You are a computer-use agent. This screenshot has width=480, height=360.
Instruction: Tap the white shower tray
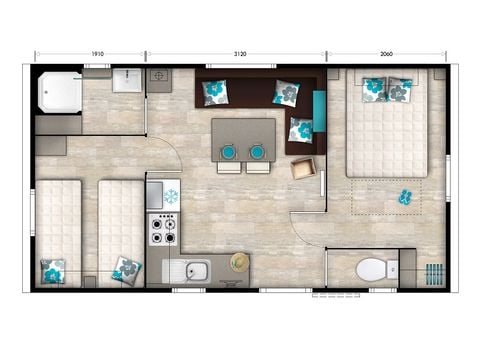[x=58, y=92]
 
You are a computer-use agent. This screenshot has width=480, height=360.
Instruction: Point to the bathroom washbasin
[x=127, y=80]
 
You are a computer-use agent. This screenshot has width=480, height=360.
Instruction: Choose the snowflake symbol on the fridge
[x=169, y=196]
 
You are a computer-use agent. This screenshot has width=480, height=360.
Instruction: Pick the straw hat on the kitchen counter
[x=240, y=262]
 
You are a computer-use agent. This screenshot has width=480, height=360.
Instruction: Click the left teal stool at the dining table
[x=228, y=152]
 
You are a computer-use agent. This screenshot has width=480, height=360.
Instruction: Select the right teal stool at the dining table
[x=257, y=152]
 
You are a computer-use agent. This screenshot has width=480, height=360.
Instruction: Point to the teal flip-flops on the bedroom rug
[x=406, y=195]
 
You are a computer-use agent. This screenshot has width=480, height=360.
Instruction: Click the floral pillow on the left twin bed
[x=53, y=270]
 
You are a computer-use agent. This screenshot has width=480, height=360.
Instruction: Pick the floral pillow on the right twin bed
[x=127, y=268]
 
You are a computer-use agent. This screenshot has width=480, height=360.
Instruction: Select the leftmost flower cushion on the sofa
[x=215, y=93]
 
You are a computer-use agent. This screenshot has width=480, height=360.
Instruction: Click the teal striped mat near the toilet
[x=434, y=271]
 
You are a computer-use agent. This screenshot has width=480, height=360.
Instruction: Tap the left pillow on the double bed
[x=373, y=88]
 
